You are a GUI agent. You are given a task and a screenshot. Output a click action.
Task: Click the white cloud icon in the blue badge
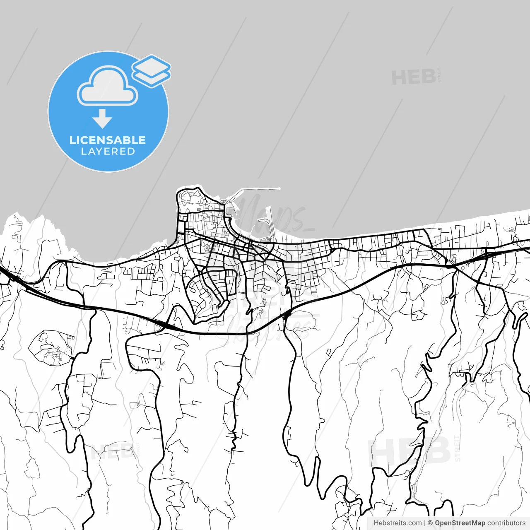click(108, 87)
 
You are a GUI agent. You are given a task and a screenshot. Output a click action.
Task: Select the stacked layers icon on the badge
click(152, 70)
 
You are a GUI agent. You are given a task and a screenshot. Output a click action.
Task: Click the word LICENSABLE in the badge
click(108, 140)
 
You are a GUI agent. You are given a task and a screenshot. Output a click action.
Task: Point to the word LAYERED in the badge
click(108, 152)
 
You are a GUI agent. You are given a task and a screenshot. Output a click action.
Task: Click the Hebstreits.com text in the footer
click(397, 523)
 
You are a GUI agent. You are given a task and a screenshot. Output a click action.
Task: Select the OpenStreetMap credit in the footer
click(460, 523)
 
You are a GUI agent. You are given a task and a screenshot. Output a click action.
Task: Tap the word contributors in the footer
click(506, 523)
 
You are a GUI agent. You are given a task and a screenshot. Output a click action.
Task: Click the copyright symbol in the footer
click(430, 523)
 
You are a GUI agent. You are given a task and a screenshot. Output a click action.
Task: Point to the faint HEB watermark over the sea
click(413, 77)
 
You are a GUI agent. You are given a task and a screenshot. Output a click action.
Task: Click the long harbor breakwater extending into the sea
click(257, 190)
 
